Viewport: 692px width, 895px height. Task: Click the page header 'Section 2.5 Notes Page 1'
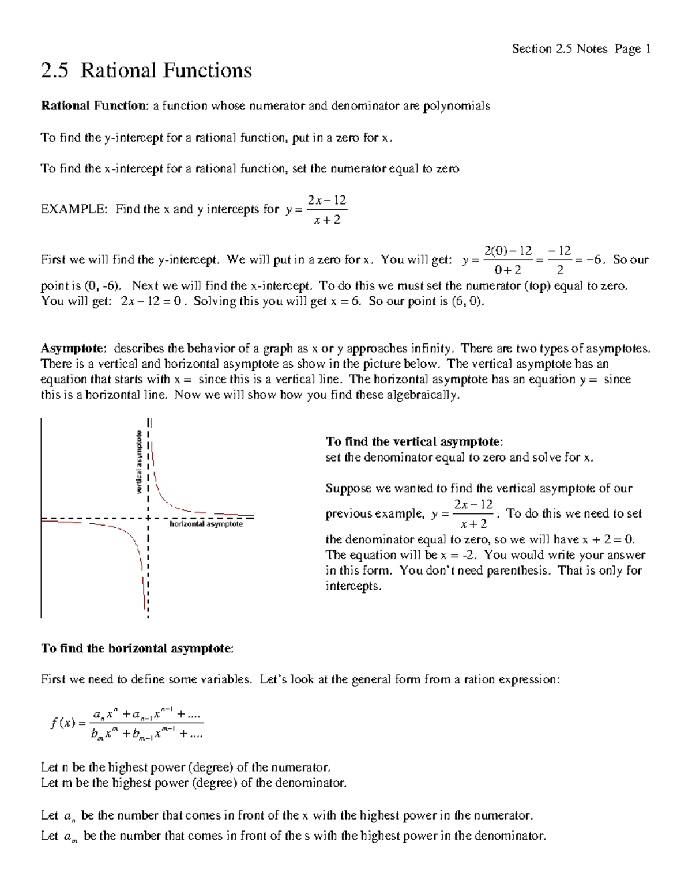click(x=581, y=49)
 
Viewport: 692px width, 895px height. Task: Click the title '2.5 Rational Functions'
click(x=146, y=71)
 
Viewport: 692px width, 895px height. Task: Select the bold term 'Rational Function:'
click(x=95, y=106)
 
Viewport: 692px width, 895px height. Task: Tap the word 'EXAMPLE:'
click(x=74, y=209)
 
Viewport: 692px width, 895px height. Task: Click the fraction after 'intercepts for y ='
click(x=327, y=210)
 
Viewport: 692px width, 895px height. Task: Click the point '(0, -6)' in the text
click(x=103, y=286)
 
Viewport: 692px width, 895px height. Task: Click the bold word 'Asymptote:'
click(x=73, y=349)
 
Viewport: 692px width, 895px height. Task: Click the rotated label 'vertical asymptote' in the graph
click(x=139, y=462)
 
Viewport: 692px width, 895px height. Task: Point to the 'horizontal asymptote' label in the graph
click(x=206, y=524)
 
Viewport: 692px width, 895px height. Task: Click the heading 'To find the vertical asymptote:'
click(x=414, y=442)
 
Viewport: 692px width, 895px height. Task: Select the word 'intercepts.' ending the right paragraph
click(x=353, y=586)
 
